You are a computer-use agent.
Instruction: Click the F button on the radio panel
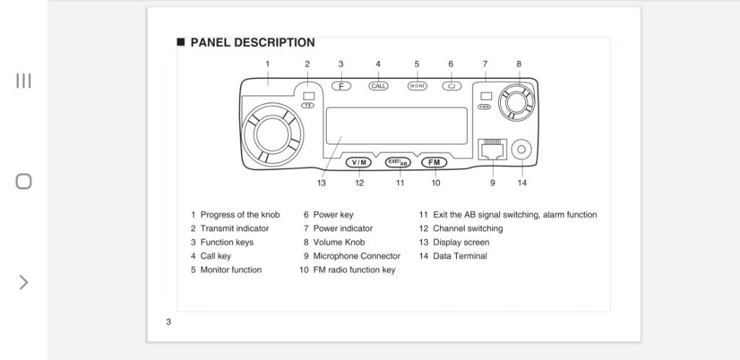pyautogui.click(x=342, y=85)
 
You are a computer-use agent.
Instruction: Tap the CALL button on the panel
pyautogui.click(x=379, y=85)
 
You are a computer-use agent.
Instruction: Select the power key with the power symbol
pyautogui.click(x=452, y=85)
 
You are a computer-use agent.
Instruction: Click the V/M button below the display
pyautogui.click(x=359, y=162)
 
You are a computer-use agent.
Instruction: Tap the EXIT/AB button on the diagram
pyautogui.click(x=397, y=162)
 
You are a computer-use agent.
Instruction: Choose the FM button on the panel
pyautogui.click(x=434, y=162)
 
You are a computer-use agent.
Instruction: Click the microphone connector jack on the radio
pyautogui.click(x=493, y=150)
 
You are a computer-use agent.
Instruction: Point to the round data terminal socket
pyautogui.click(x=522, y=150)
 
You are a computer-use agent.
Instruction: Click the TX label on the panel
pyautogui.click(x=309, y=106)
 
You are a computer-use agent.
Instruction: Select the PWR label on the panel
pyautogui.click(x=485, y=106)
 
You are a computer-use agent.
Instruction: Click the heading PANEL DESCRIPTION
pyautogui.click(x=252, y=43)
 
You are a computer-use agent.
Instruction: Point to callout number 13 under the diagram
pyautogui.click(x=322, y=183)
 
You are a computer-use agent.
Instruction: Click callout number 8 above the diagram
pyautogui.click(x=519, y=64)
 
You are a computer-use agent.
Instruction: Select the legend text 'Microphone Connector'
pyautogui.click(x=356, y=256)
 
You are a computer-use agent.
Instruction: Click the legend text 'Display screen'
pyautogui.click(x=461, y=242)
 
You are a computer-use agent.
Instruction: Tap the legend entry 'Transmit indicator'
pyautogui.click(x=234, y=228)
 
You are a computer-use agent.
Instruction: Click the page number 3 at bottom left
pyautogui.click(x=168, y=322)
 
